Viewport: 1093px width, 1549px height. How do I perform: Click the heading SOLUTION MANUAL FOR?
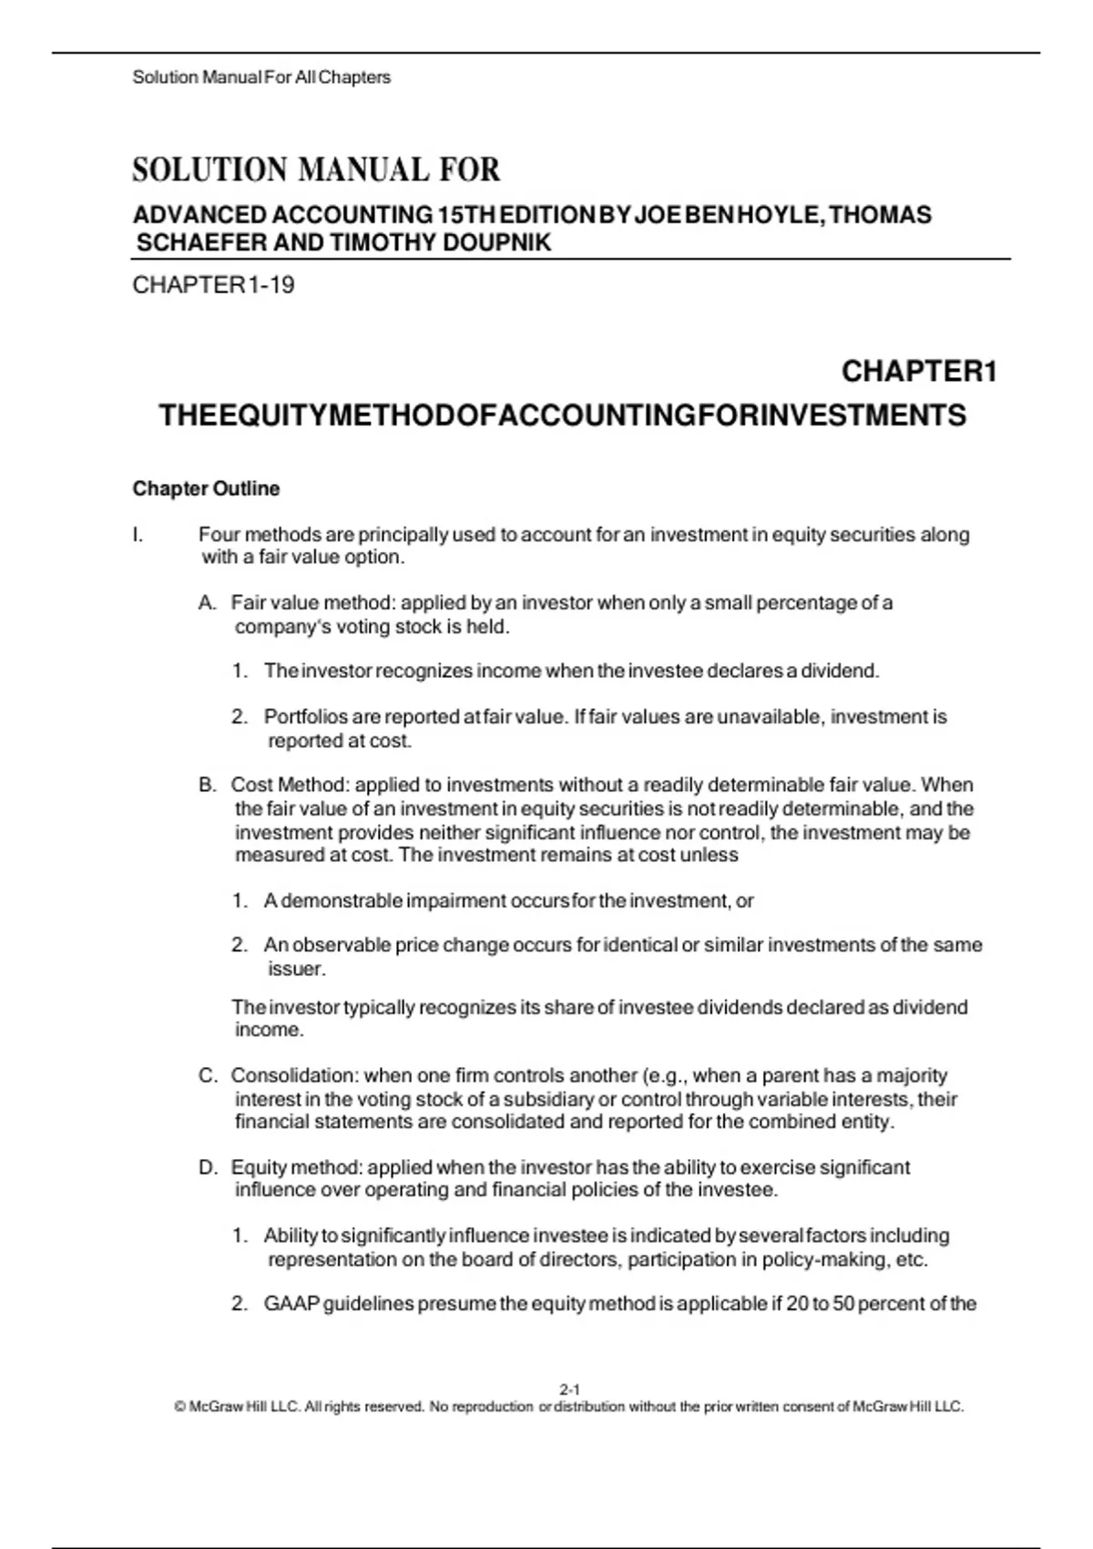[316, 170]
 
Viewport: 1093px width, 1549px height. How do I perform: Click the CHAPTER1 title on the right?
[919, 372]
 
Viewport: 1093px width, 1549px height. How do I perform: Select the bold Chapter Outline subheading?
[206, 488]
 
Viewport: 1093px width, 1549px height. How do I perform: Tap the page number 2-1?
[569, 1390]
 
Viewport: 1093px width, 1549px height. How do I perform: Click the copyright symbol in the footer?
[179, 1407]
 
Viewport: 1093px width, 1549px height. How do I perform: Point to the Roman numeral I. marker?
[138, 535]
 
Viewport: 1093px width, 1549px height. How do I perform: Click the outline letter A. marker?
[208, 603]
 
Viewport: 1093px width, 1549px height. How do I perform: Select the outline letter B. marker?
[208, 785]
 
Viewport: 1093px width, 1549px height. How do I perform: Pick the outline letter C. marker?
[208, 1076]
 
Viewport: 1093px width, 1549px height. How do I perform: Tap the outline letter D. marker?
[208, 1168]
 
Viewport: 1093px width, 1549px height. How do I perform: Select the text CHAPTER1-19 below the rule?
[213, 285]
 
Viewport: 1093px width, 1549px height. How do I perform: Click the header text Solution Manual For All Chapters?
[261, 77]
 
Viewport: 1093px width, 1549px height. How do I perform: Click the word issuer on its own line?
[295, 969]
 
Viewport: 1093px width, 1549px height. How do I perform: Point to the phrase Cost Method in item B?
[289, 785]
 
